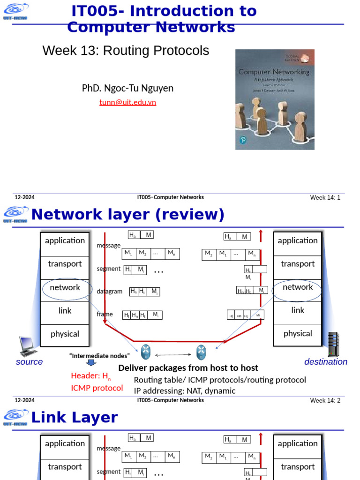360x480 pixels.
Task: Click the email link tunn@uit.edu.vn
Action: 127,102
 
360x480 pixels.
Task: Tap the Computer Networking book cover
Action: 275,99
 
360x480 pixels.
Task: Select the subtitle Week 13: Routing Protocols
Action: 126,51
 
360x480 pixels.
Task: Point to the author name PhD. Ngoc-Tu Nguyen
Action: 127,88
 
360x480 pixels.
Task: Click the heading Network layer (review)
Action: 127,215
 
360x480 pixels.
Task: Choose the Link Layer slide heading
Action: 74,418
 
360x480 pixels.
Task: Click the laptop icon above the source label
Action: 28,346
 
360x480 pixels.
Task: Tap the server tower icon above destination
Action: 333,345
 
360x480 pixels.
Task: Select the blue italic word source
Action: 29,362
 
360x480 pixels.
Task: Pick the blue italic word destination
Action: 326,362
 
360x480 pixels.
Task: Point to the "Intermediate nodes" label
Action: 99,356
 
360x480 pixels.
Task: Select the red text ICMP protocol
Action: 97,388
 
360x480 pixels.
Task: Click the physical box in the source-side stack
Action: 65,334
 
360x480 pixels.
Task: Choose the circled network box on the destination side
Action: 298,287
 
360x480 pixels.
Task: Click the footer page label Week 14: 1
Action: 325,197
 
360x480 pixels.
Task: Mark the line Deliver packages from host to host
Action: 188,368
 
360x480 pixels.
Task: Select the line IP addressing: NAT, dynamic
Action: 185,391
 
